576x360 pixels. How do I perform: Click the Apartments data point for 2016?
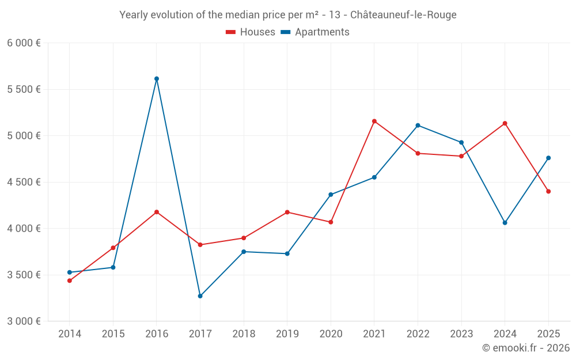(157, 78)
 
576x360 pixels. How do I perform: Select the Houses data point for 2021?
(374, 121)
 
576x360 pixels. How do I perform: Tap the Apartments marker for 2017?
(200, 296)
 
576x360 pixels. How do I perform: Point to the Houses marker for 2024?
(505, 123)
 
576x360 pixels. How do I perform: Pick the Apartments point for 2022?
(418, 125)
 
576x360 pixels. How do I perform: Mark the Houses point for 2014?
(70, 281)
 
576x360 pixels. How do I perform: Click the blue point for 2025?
(548, 158)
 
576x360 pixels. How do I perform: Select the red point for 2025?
(548, 191)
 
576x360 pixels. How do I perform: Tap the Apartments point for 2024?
(505, 222)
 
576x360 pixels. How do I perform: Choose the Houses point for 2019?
(287, 212)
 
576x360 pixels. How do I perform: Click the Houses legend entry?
(251, 32)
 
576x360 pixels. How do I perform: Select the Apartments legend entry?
(315, 32)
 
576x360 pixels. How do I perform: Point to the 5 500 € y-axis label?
(24, 89)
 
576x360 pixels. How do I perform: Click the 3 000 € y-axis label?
(24, 321)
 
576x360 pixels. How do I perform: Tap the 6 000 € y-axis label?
(24, 43)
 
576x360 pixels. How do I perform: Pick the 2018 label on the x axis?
(244, 334)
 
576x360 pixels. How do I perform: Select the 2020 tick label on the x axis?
(331, 334)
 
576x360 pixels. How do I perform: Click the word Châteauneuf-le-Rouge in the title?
(403, 15)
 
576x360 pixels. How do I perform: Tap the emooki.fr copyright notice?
(526, 347)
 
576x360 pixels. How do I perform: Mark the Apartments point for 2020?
(331, 195)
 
